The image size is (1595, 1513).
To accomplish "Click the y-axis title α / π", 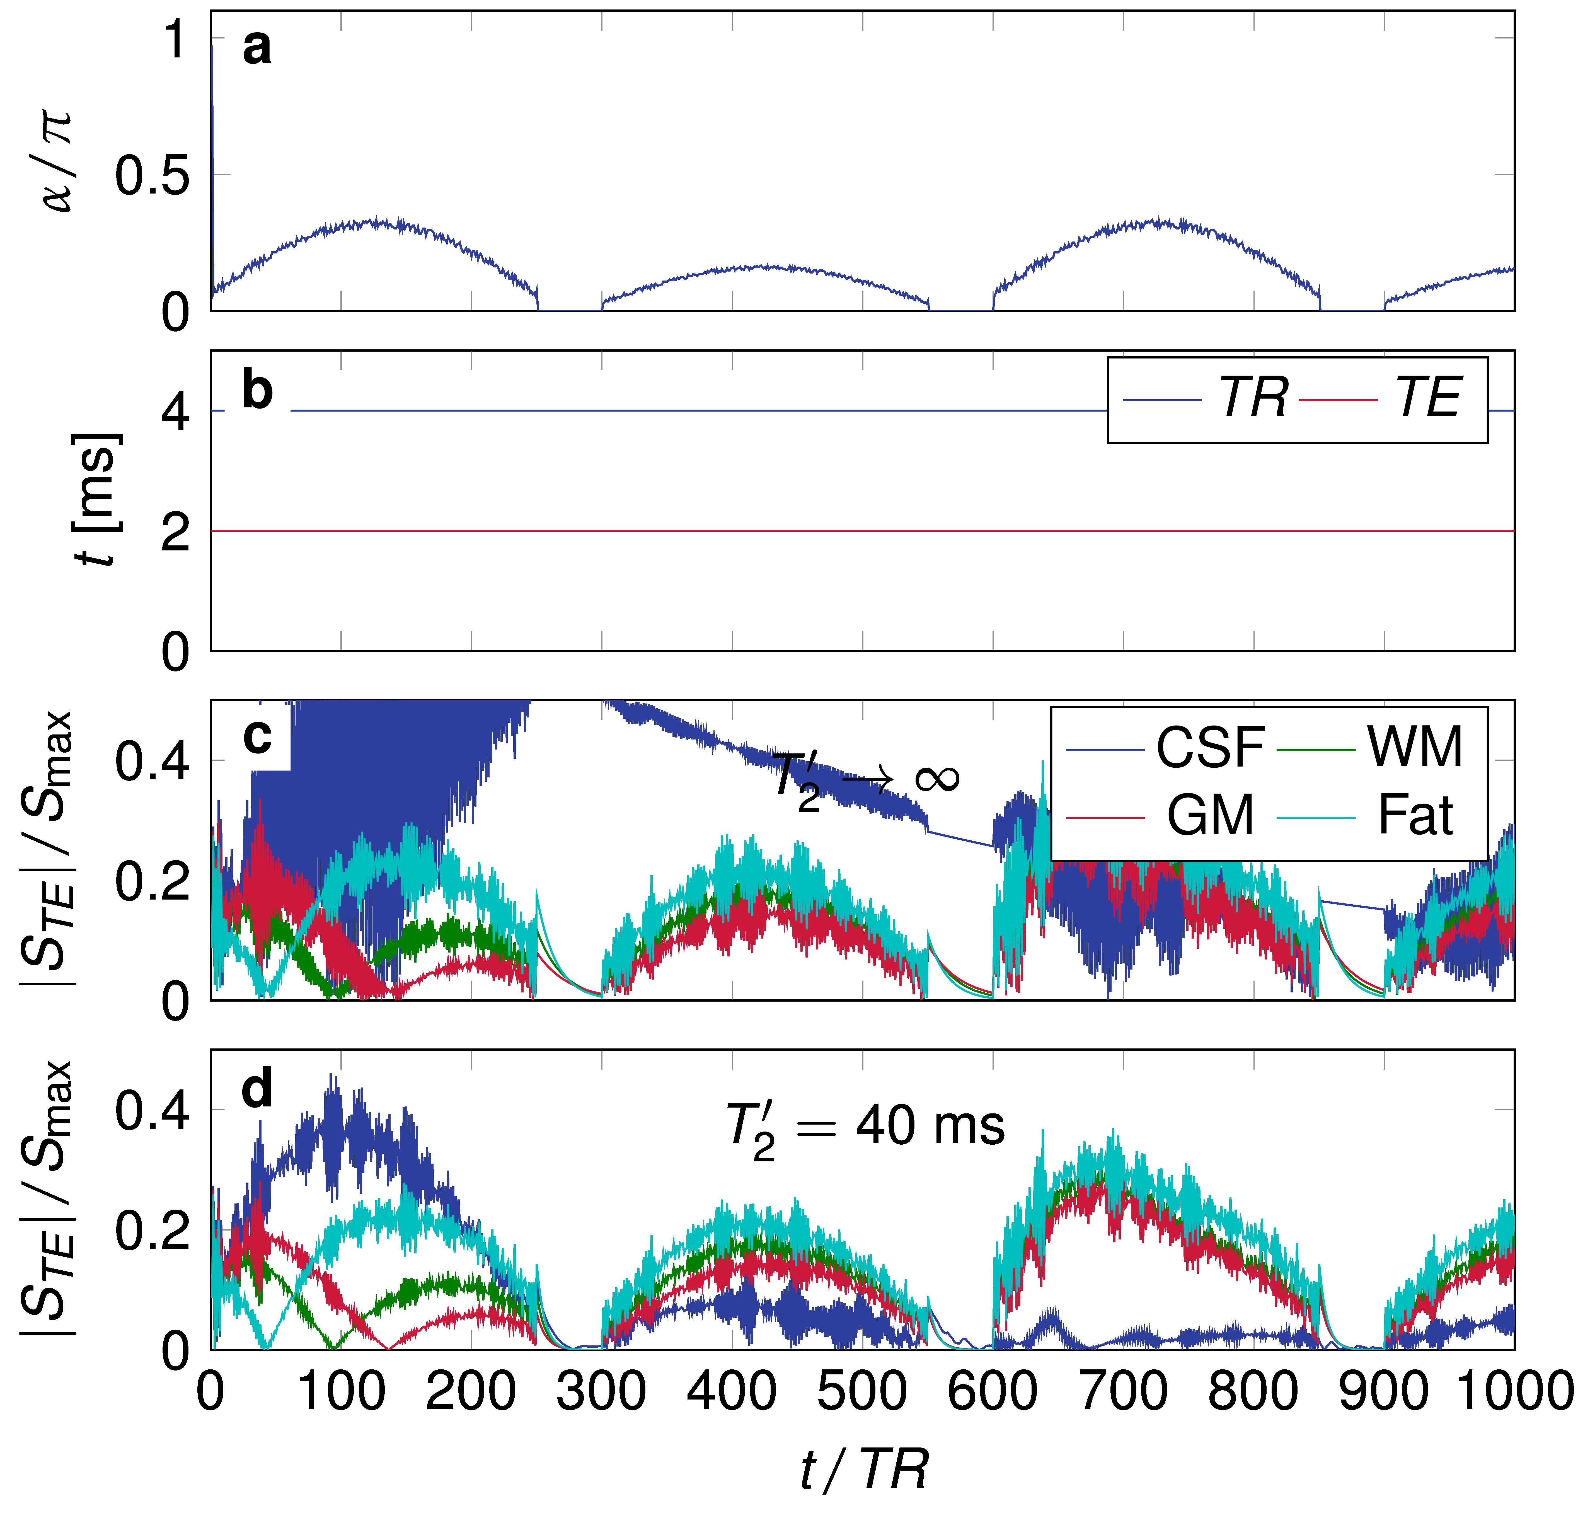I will pos(58,161).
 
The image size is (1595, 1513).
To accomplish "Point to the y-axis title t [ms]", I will pos(97,500).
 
